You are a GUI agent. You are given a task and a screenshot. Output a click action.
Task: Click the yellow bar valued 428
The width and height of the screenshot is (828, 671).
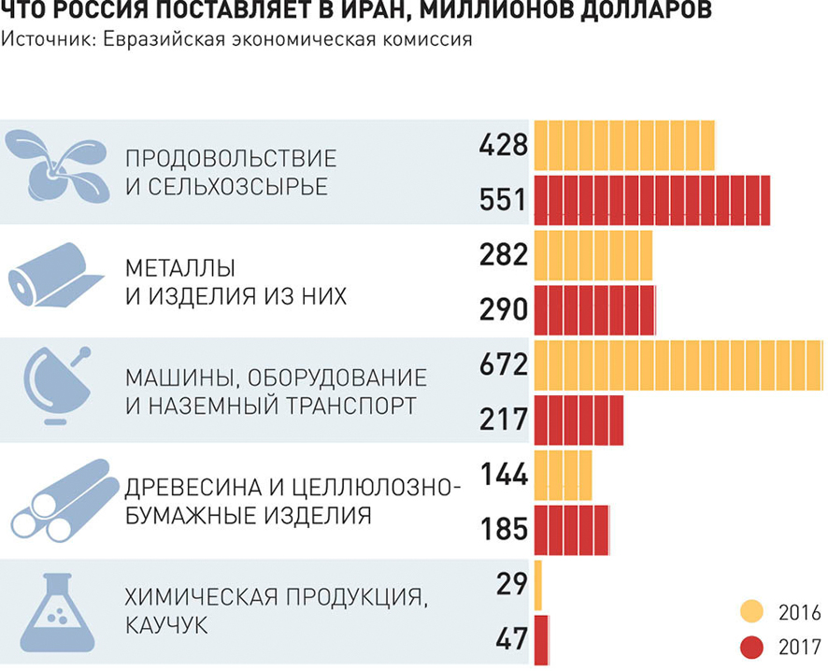pos(623,146)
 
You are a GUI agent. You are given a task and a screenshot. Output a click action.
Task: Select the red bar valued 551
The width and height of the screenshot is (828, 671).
pos(651,200)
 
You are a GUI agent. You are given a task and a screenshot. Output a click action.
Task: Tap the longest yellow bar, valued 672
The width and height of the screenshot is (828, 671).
pos(678,364)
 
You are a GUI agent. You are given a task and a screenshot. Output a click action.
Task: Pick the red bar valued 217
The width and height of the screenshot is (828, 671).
pos(578,417)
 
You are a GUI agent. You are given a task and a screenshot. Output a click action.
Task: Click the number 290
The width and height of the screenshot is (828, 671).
pos(505,309)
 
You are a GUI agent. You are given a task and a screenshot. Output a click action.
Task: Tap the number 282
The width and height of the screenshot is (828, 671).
pos(505,255)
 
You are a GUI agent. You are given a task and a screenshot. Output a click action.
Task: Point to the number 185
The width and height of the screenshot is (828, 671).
pos(505,529)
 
